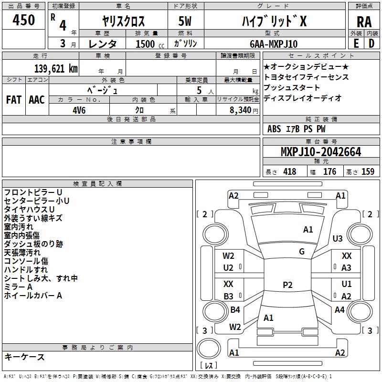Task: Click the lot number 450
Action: coord(23,20)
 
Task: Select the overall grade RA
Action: coord(364,22)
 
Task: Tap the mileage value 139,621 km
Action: coord(56,69)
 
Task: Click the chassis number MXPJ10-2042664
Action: coord(321,152)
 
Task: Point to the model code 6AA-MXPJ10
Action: coord(274,44)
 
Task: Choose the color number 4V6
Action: coord(79,110)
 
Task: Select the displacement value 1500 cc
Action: coord(150,44)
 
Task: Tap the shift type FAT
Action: coord(14,100)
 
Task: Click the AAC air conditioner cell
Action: coord(37,100)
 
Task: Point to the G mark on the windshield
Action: coord(302,252)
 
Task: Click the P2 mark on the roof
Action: coord(287,285)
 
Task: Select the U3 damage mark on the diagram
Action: coord(338,238)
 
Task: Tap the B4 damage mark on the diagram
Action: coord(235,309)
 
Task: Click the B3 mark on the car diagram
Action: coord(228,296)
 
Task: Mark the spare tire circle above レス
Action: coord(209,349)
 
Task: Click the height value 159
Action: coord(368,171)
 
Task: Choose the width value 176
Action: coord(329,171)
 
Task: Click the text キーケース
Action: coord(25,357)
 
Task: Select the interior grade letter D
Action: coord(371,43)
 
